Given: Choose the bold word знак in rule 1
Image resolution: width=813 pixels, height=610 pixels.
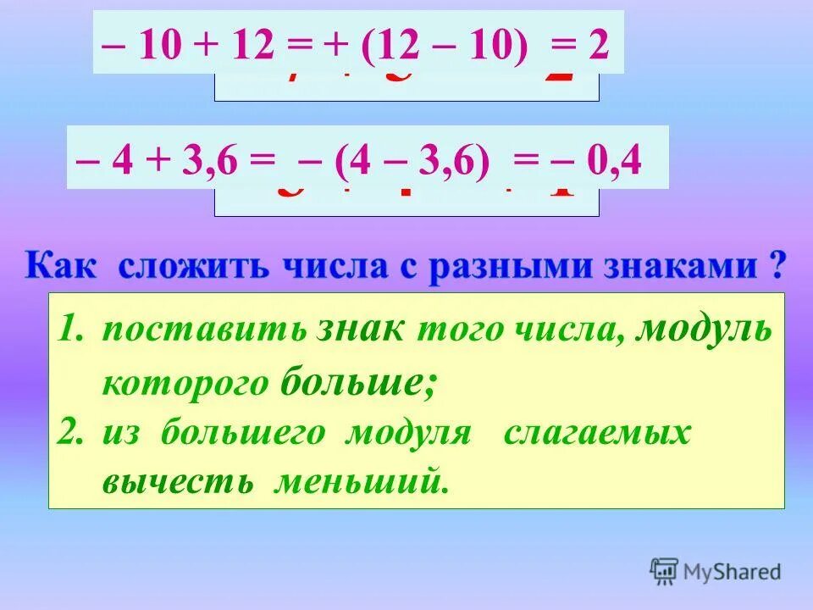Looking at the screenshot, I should pos(362,330).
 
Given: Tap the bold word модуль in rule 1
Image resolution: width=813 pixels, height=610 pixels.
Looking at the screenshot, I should pos(705,330).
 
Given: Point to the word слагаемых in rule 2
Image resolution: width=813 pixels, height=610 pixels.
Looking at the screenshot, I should pos(597,433).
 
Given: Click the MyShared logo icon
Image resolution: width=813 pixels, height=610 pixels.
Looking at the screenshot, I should pos(664,572).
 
